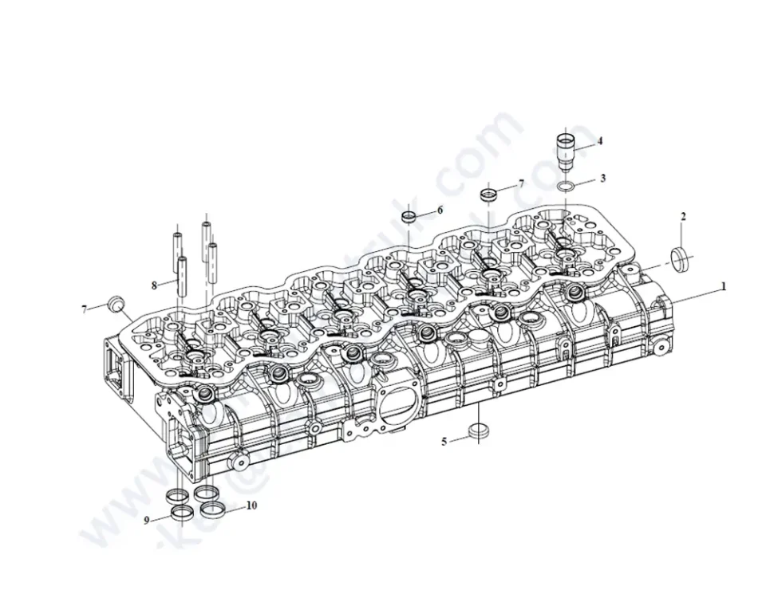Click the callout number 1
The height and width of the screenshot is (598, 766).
click(x=724, y=285)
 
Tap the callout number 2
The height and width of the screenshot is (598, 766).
click(x=683, y=216)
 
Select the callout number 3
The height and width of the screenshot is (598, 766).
click(x=603, y=178)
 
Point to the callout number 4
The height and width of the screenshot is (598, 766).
click(x=600, y=141)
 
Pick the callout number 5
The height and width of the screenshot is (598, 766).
click(x=444, y=441)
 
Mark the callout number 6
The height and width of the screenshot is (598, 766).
click(x=439, y=210)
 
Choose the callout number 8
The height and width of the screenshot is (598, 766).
click(x=154, y=285)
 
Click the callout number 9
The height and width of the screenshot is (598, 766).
click(x=147, y=521)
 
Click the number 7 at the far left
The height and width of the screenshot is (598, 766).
click(x=84, y=309)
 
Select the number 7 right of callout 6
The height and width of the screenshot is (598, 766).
click(x=521, y=183)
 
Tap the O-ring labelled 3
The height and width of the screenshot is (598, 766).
click(x=566, y=187)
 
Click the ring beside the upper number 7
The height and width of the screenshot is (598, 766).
click(x=488, y=194)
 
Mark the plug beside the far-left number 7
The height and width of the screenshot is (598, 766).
click(x=116, y=304)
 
